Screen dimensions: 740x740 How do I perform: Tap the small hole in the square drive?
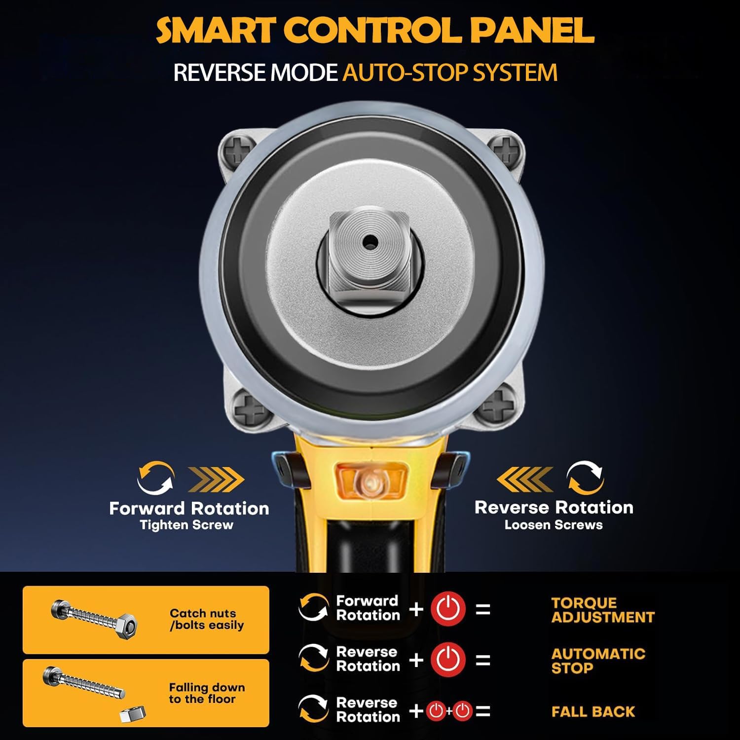tap(369, 241)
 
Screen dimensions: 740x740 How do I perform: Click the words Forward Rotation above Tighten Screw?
tap(189, 508)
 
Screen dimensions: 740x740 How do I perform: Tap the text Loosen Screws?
tap(554, 524)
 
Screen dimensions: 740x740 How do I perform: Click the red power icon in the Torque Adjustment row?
tap(448, 609)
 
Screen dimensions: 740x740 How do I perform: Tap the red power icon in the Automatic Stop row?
tap(448, 660)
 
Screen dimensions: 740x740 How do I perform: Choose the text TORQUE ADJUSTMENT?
tap(603, 610)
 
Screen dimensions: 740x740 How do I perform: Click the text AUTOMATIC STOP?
tap(598, 661)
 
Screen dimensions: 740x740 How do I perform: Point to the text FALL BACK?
tap(593, 711)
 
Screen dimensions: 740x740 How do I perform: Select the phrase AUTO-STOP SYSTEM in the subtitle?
tap(450, 72)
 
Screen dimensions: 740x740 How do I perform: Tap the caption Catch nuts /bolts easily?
tap(207, 619)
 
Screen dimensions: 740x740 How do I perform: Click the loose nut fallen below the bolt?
tap(133, 713)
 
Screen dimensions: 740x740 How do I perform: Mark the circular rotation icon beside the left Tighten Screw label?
tap(155, 477)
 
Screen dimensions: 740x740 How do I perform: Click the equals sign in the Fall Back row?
tap(483, 711)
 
